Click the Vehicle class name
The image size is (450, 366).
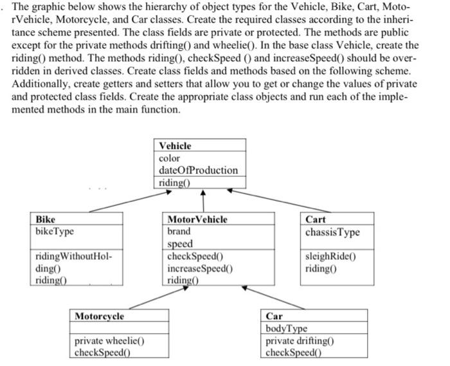(175, 145)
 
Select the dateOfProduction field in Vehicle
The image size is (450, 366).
(198, 170)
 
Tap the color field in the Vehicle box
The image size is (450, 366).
(170, 158)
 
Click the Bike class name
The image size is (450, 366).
(46, 219)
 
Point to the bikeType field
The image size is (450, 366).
(56, 230)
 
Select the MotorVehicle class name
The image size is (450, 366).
(197, 219)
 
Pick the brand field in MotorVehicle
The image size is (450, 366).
(179, 231)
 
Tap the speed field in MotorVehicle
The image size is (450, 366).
(179, 244)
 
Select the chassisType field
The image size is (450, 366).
(332, 232)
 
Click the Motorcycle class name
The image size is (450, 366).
(100, 316)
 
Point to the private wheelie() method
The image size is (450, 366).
(109, 341)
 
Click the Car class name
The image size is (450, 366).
(274, 316)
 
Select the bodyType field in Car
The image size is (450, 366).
(286, 329)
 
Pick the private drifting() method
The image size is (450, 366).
(300, 341)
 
